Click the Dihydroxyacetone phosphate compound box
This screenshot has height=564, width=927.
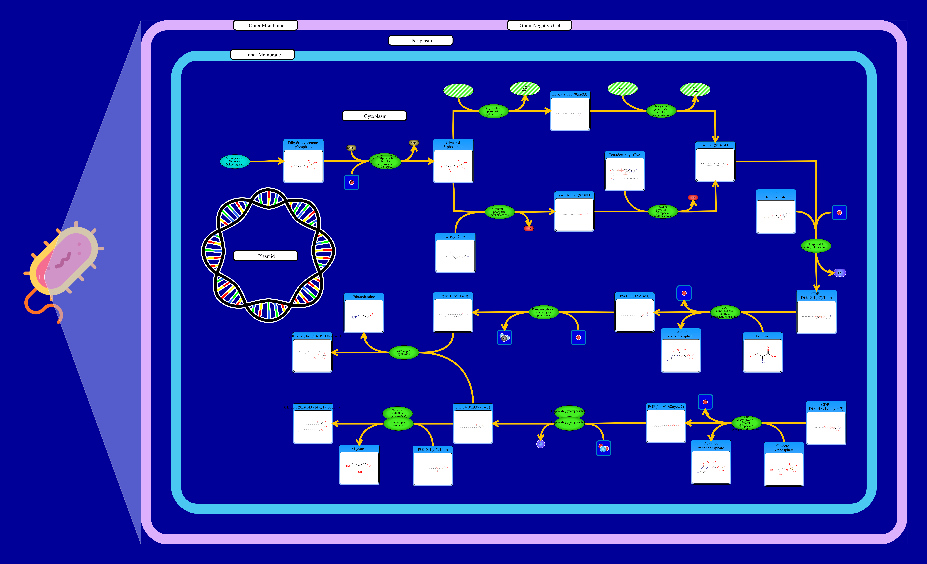coord(303,162)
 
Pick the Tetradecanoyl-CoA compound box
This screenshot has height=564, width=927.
coord(625,171)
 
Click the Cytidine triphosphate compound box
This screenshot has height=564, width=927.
coord(776,212)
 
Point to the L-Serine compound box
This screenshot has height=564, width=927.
coord(763,353)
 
